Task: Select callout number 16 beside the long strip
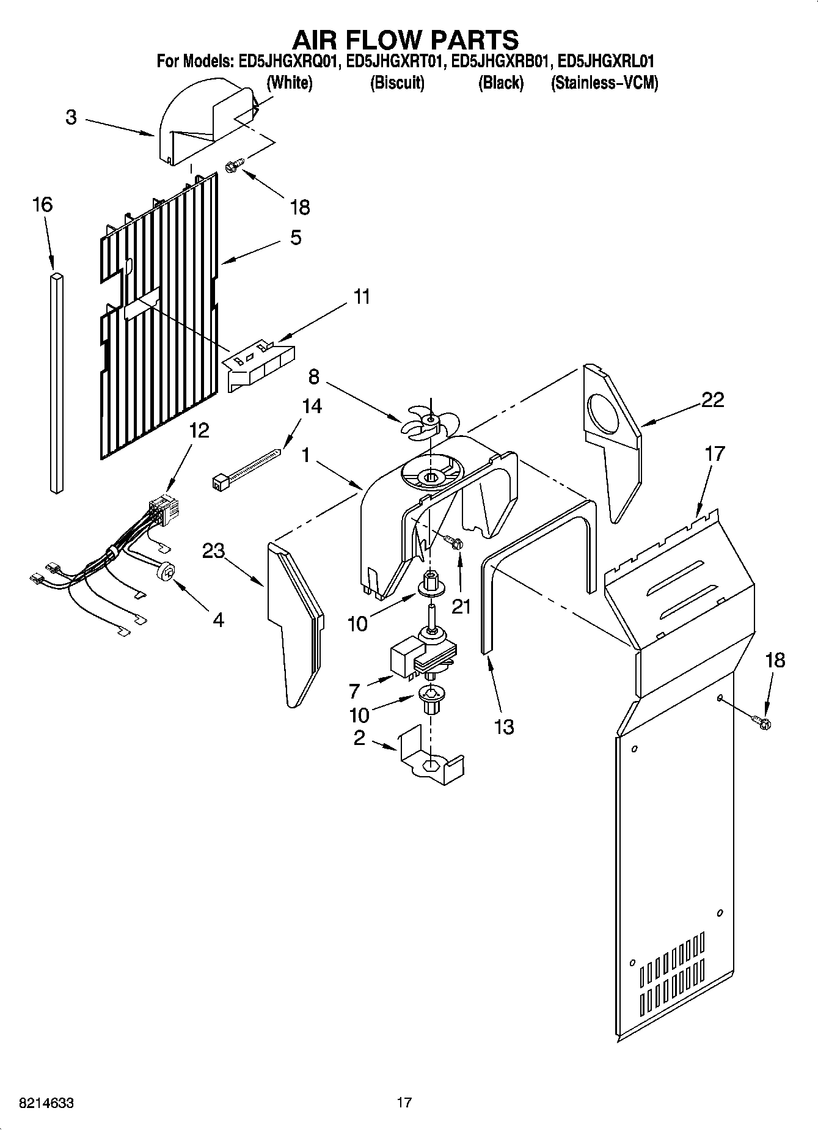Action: [x=42, y=205]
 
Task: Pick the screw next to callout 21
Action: [x=453, y=541]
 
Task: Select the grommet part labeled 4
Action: [x=165, y=573]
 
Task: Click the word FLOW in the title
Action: [x=405, y=40]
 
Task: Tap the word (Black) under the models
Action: [x=500, y=83]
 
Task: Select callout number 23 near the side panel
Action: [x=214, y=551]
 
